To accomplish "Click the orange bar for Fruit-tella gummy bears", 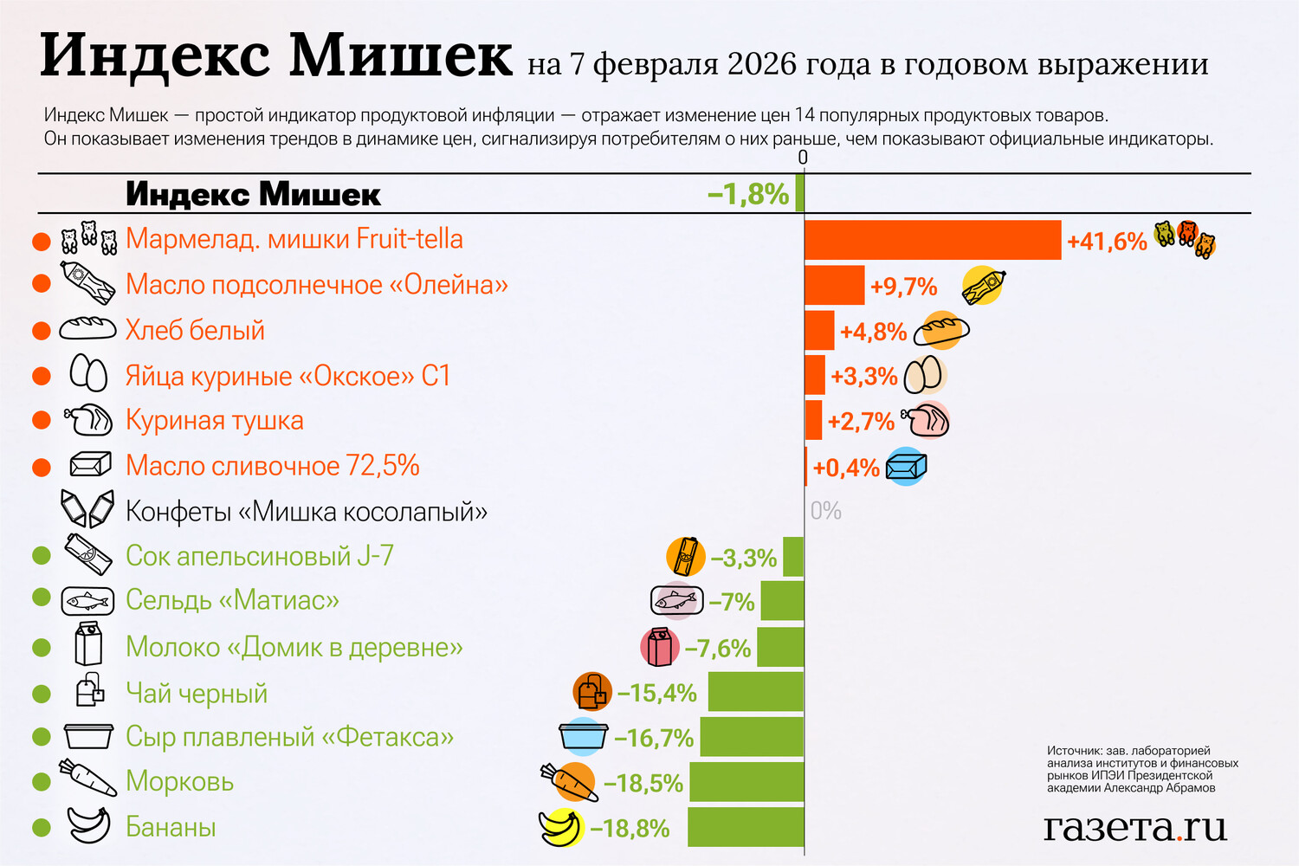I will (x=933, y=240).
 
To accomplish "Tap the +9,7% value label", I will (x=903, y=287).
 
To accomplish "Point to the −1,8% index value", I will (x=748, y=194).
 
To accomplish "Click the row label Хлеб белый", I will (x=195, y=330).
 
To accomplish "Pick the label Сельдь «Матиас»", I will (x=232, y=600).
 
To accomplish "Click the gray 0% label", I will (x=825, y=511).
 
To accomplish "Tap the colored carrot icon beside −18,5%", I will (x=571, y=782).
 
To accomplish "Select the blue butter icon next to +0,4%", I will (x=907, y=467).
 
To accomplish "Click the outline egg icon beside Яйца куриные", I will (x=88, y=375).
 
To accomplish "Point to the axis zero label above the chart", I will (x=803, y=158).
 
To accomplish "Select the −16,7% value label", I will (x=654, y=738).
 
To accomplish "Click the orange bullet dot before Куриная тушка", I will (x=41, y=421).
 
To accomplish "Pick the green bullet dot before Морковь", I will (x=41, y=781).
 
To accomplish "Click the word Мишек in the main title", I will (x=401, y=55).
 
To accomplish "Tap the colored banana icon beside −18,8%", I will (x=560, y=828).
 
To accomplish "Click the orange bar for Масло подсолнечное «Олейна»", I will (x=834, y=285).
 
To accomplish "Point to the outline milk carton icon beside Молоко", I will (x=88, y=644).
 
